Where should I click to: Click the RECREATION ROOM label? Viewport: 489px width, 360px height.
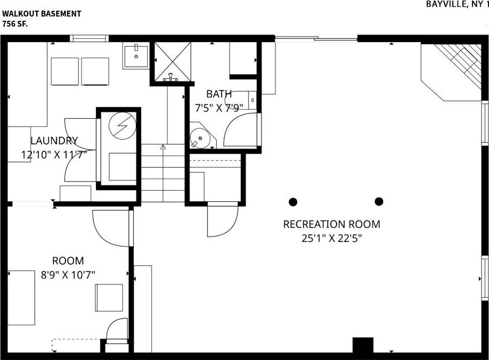[331, 224]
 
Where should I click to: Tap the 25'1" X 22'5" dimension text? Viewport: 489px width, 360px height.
[331, 239]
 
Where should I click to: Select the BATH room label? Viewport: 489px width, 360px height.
[219, 94]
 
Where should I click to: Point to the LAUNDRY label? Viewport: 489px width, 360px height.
[54, 141]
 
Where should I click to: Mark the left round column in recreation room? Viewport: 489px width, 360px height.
[293, 201]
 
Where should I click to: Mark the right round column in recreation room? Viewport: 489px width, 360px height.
[379, 201]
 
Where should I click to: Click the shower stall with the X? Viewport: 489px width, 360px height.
[172, 61]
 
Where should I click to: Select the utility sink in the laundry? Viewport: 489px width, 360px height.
[136, 55]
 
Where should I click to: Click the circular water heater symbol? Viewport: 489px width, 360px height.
[123, 126]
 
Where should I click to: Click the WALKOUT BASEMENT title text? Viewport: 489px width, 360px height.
[42, 14]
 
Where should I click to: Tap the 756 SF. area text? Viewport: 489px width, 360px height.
[15, 23]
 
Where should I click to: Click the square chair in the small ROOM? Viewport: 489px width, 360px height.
[109, 297]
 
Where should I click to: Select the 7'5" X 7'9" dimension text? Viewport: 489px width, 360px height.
[219, 107]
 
